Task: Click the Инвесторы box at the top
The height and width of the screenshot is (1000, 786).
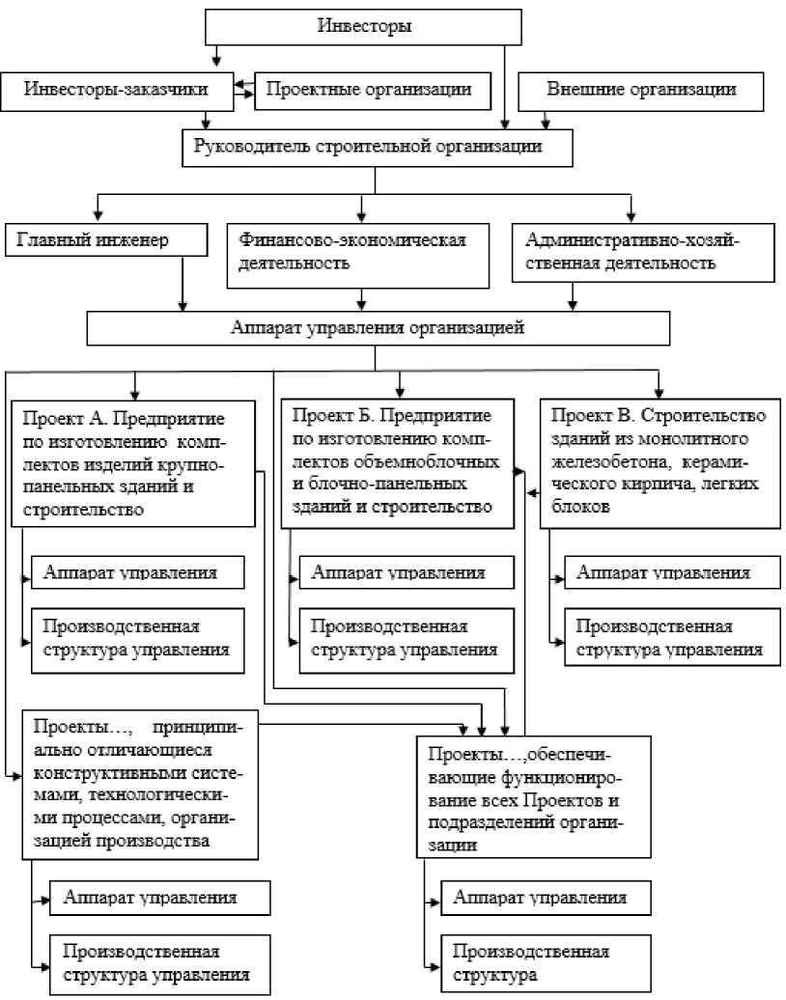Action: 365,26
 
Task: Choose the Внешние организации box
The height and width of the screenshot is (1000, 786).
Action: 641,90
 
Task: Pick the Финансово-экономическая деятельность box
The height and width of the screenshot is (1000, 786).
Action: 360,251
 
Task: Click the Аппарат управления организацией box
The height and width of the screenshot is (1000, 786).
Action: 378,327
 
